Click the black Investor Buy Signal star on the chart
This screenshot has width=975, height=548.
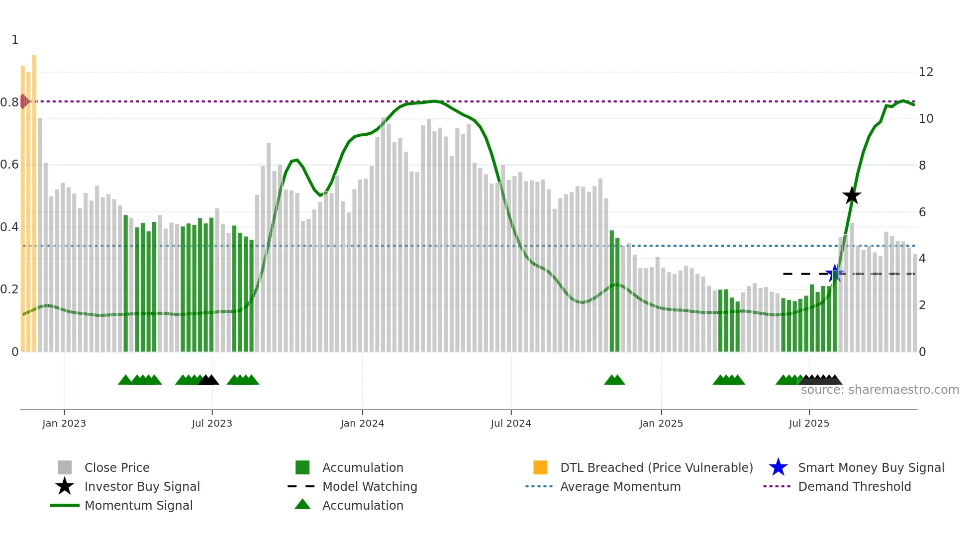point(852,195)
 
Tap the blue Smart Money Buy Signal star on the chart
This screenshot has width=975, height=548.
point(834,273)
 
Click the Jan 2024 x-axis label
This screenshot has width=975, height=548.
point(362,423)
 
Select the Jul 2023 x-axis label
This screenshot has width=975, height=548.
point(212,423)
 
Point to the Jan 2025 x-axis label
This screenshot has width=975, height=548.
point(661,423)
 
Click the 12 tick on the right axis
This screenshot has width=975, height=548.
point(926,72)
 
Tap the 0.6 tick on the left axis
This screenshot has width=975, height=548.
point(9,165)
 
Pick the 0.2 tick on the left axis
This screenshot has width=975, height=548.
point(9,289)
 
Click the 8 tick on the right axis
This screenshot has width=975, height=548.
point(922,166)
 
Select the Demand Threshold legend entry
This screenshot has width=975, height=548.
point(854,486)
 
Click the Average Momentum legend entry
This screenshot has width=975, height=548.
point(620,486)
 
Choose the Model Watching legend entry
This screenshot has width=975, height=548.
point(370,486)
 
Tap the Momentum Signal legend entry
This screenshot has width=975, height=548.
point(138,505)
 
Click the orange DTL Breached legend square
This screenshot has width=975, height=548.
point(540,467)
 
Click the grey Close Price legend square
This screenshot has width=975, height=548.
point(65,467)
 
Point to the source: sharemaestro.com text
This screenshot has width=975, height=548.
point(879,390)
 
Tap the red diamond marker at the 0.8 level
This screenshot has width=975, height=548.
point(23,101)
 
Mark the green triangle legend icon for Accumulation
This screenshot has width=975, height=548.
point(302,505)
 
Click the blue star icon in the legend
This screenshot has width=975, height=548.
point(778,467)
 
